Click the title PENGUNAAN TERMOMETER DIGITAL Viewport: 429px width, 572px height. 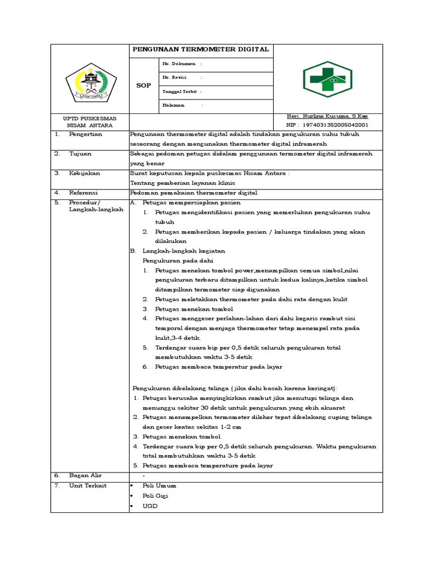pos(201,50)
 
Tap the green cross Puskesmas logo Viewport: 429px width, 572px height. pos(327,79)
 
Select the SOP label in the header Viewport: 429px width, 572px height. pos(144,85)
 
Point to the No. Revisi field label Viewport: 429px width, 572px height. pos(174,77)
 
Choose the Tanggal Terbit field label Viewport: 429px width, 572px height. pos(179,91)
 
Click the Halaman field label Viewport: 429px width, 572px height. pos(174,105)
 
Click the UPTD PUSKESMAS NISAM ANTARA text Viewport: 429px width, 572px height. pos(89,122)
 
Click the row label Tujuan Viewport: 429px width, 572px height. pos(80,154)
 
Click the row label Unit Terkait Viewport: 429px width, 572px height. pos(88,485)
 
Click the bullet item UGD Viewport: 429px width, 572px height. pos(150,506)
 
